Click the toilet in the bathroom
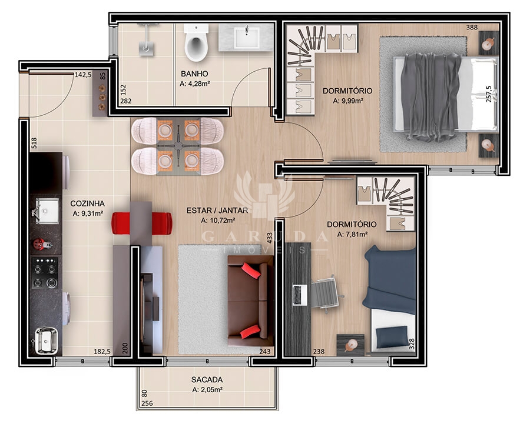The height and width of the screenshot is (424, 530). coord(196,42)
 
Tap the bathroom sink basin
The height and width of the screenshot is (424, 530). coord(247,37)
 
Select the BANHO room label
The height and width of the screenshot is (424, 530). coord(194,74)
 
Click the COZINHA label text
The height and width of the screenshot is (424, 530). coord(88,203)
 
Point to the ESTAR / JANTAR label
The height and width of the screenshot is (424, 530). coord(217,211)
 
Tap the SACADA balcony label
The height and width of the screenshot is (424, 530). coord(207,379)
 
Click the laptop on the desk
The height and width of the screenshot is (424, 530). coord(300,295)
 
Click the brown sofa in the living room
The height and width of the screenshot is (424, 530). coord(250,301)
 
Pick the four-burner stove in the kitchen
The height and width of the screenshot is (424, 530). coord(45,273)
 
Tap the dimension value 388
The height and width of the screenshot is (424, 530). coord(472,27)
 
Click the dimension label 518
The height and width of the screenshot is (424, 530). coord(34,143)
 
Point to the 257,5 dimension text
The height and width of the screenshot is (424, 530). coord(489,94)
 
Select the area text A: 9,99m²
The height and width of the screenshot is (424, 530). coord(348,101)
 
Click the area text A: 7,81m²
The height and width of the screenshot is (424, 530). coord(353,234)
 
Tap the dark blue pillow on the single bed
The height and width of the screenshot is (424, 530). coord(392,336)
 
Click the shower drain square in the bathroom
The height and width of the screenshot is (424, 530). coord(146,49)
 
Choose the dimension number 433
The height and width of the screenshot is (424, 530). coord(270,238)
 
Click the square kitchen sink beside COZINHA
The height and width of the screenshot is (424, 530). coord(46,211)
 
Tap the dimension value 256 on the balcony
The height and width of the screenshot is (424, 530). coord(147,403)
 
